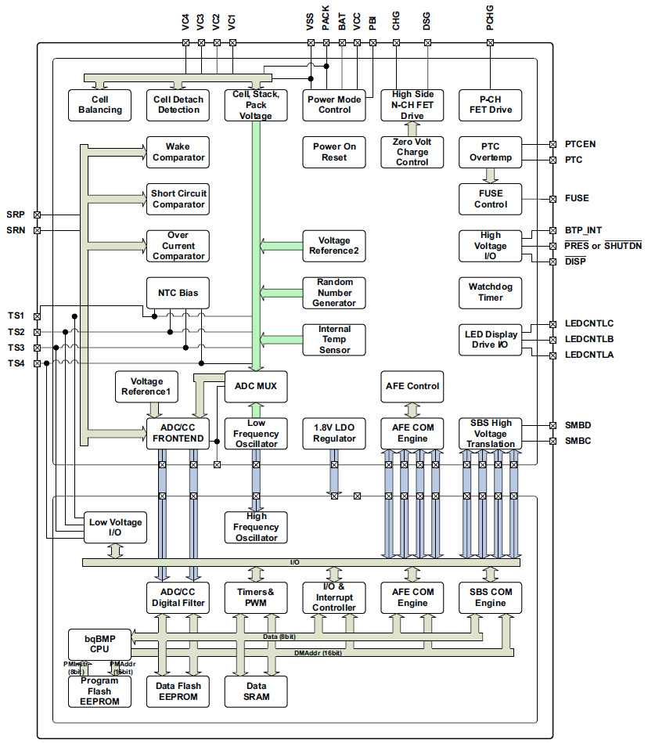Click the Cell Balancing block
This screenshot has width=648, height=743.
pyautogui.click(x=100, y=105)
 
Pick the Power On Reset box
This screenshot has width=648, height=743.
pyautogui.click(x=334, y=152)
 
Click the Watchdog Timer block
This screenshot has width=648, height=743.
pyautogui.click(x=491, y=292)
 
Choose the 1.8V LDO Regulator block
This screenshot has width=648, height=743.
pyautogui.click(x=334, y=433)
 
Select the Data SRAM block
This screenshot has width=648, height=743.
pyautogui.click(x=256, y=691)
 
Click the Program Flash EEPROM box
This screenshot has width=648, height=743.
pyautogui.click(x=99, y=691)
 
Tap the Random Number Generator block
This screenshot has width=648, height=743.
pyautogui.click(x=334, y=292)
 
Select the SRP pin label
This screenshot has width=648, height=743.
pyautogui.click(x=15, y=215)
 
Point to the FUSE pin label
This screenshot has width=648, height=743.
pyautogui.click(x=577, y=199)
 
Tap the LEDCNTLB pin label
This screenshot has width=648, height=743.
pyautogui.click(x=589, y=339)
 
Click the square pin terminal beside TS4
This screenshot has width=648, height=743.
pyautogui.click(x=37, y=363)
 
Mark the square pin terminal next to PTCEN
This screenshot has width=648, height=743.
pyautogui.click(x=553, y=144)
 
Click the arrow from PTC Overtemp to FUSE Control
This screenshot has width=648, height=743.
pyautogui.click(x=491, y=175)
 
